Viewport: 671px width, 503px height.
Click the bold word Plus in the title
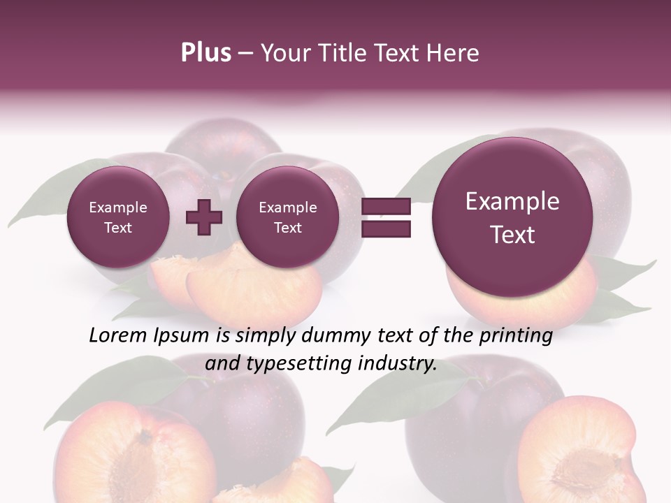[205, 53]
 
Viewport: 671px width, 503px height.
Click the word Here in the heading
[454, 53]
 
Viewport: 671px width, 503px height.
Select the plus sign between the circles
[203, 217]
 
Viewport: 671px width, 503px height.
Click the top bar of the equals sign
[385, 206]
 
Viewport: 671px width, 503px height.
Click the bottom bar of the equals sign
[385, 228]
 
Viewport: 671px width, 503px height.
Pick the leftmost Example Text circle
[117, 217]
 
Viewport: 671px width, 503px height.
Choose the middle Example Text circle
[287, 217]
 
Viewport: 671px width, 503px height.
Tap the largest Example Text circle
[512, 217]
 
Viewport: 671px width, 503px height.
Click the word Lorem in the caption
[118, 336]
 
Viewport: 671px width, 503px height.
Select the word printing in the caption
[516, 336]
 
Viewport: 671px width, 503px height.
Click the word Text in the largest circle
[512, 235]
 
